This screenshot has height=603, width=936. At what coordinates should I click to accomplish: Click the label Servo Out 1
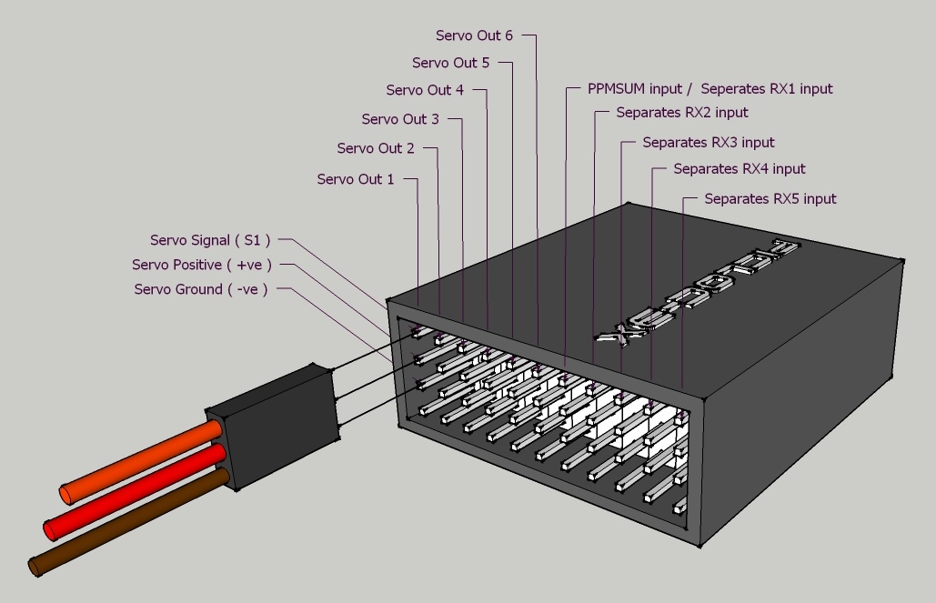[x=356, y=179]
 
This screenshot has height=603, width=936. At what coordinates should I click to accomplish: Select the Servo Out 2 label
[x=376, y=148]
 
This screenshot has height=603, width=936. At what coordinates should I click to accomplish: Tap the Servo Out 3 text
[x=400, y=119]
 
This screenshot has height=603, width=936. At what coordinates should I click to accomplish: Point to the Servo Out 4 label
[x=425, y=90]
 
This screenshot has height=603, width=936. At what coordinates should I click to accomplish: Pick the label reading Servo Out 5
[x=450, y=63]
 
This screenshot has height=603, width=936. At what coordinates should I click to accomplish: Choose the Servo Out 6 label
[x=474, y=35]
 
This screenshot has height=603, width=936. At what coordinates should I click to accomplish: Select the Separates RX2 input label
[x=682, y=113]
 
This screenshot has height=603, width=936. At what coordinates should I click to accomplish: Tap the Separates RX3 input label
[x=709, y=143]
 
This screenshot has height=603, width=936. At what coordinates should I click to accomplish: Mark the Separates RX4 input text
[x=740, y=169]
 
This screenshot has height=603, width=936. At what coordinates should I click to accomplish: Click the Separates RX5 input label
[x=770, y=198]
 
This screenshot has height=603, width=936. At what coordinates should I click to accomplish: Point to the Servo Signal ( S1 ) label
[x=210, y=240]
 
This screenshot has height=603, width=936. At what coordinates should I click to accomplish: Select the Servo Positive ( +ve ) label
[x=202, y=265]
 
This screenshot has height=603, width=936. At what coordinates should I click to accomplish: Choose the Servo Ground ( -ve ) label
[x=201, y=289]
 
